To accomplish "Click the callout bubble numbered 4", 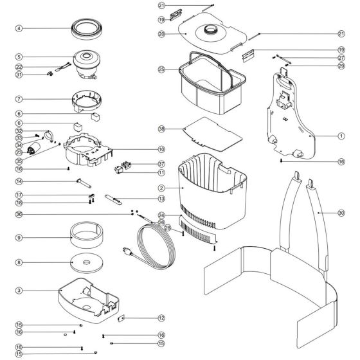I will pyautogui.click(x=19, y=28).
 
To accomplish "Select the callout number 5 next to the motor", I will pyautogui.click(x=19, y=57).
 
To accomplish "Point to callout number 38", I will pyautogui.click(x=161, y=129).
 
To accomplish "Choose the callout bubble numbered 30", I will pyautogui.click(x=341, y=212).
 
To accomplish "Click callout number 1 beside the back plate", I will pyautogui.click(x=341, y=136).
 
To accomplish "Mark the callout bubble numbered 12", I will pyautogui.click(x=161, y=318).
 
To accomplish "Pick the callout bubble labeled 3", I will pyautogui.click(x=19, y=291).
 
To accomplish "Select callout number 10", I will pyautogui.click(x=161, y=149).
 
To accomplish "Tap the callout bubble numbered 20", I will pyautogui.click(x=161, y=33).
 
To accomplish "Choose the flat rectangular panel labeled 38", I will pyautogui.click(x=212, y=133).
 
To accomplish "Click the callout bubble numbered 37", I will pyautogui.click(x=161, y=163).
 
